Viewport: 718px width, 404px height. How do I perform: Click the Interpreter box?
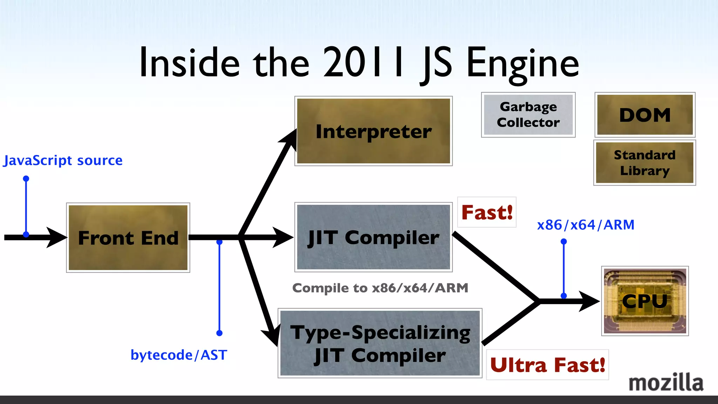[x=373, y=131]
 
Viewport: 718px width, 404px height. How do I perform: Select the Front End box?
[x=128, y=237]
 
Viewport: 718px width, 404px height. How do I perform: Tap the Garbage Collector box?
[x=528, y=115]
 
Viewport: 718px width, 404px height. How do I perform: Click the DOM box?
[x=645, y=115]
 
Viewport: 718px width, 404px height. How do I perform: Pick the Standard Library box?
[x=644, y=163]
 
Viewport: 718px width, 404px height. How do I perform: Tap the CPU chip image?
[x=645, y=301]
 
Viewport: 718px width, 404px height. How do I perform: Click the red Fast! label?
[x=487, y=212]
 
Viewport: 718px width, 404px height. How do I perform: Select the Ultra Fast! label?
[x=547, y=365]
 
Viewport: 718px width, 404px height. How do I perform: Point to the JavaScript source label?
[x=63, y=160]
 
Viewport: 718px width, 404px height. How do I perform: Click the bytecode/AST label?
[x=179, y=355]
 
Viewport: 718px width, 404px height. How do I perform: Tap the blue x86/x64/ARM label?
[x=585, y=225]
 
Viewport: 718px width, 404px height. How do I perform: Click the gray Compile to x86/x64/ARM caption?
[x=380, y=288]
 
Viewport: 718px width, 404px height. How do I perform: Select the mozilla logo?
[x=665, y=383]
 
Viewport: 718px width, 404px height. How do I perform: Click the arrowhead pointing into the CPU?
[x=589, y=301]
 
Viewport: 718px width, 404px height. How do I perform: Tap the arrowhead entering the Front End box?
[x=56, y=237]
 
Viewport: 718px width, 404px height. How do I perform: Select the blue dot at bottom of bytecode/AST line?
[x=219, y=333]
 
